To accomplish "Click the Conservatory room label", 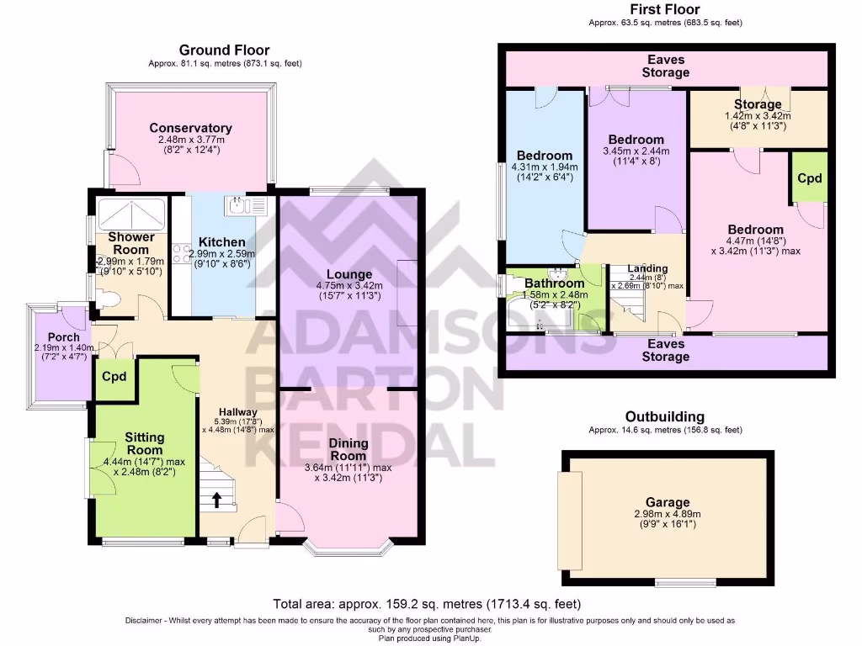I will click(x=190, y=128).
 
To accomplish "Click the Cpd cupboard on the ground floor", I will click(x=114, y=376).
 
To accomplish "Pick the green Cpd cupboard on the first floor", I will click(x=809, y=178).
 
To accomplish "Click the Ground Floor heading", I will click(x=224, y=50).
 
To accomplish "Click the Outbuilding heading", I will click(x=664, y=416).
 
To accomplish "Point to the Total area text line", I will click(x=427, y=604).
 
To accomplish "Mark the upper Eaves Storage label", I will click(x=665, y=66).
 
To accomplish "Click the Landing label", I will click(x=647, y=269).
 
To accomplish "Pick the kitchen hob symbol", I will click(x=180, y=250).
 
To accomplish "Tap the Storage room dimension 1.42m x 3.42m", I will click(x=758, y=116).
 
